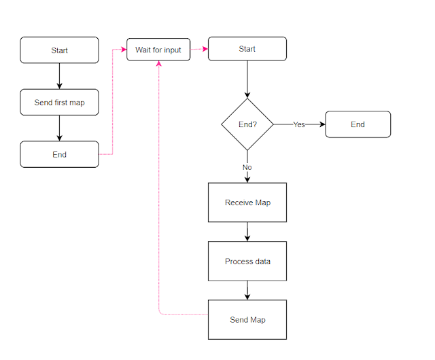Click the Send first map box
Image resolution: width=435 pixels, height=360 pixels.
pyautogui.click(x=59, y=103)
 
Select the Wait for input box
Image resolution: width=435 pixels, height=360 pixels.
pyautogui.click(x=158, y=50)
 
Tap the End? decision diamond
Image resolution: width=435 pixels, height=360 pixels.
pyautogui.click(x=247, y=125)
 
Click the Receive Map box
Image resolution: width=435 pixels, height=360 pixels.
pyautogui.click(x=247, y=202)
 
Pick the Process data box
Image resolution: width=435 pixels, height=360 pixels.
pyautogui.click(x=247, y=262)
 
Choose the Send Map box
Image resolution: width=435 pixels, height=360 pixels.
pyautogui.click(x=247, y=319)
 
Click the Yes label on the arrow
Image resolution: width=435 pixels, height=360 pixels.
pyautogui.click(x=299, y=125)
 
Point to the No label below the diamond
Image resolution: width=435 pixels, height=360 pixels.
pyautogui.click(x=247, y=166)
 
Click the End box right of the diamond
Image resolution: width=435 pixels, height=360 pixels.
pyautogui.click(x=358, y=124)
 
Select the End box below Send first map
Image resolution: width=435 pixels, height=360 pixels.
pyautogui.click(x=59, y=154)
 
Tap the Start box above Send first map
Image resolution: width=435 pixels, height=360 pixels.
pyautogui.click(x=59, y=50)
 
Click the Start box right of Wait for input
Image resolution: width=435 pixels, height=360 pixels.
pyautogui.click(x=247, y=49)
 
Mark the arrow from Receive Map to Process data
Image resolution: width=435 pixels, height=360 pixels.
pyautogui.click(x=247, y=232)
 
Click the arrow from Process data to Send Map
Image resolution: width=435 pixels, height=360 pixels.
pyautogui.click(x=247, y=290)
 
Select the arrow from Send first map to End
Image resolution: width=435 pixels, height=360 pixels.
pyautogui.click(x=59, y=128)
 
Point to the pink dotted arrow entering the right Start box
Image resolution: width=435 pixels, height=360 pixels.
pyautogui.click(x=199, y=49)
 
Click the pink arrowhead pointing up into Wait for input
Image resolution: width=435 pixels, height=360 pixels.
pyautogui.click(x=158, y=64)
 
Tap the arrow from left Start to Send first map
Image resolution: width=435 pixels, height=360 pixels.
pyautogui.click(x=59, y=76)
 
